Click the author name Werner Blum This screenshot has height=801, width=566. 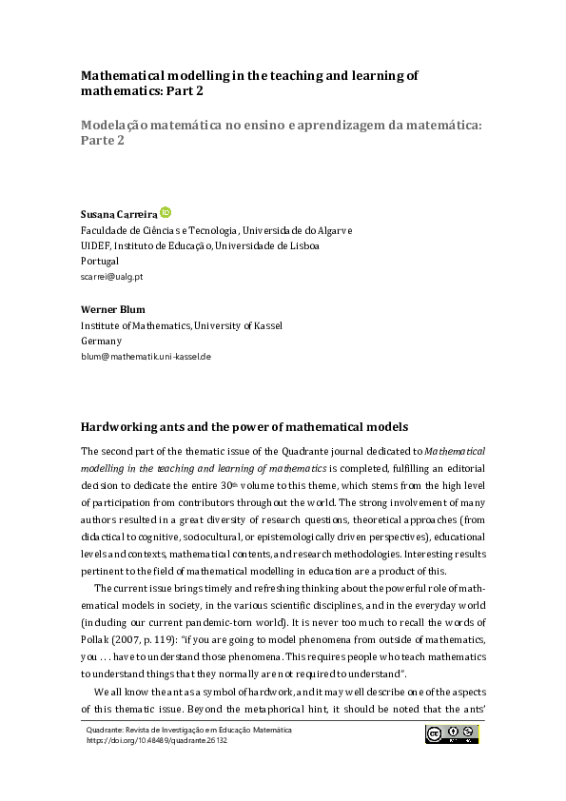coord(112,309)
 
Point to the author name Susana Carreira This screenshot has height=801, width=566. coord(118,214)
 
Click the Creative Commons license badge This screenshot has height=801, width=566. coord(452,733)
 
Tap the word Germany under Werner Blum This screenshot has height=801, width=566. coord(101,341)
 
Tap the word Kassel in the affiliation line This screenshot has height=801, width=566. coord(264,325)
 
